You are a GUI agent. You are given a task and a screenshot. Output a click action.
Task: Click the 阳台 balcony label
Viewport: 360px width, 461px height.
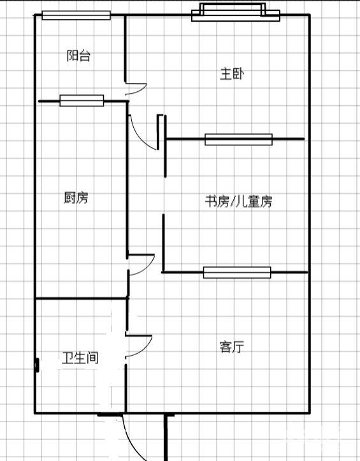78,55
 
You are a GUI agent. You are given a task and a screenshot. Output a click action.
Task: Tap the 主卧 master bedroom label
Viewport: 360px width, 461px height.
232,74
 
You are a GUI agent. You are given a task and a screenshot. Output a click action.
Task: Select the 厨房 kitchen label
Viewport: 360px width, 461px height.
76,197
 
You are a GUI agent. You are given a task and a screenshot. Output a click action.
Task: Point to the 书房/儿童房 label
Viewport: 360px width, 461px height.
238,201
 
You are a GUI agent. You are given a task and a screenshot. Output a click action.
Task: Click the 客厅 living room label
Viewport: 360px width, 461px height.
232,347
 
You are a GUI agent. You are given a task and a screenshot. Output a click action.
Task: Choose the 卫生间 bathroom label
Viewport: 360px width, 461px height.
80,358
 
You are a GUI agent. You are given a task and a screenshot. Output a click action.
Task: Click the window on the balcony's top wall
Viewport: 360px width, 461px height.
76,15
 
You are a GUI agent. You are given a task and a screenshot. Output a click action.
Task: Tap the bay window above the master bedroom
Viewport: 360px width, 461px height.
236,12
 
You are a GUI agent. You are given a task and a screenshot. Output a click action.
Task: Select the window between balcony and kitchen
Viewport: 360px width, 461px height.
82,101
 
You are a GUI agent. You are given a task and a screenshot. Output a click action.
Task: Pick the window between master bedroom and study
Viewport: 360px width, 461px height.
238,140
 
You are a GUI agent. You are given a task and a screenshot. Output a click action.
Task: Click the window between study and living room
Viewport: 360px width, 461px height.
237,272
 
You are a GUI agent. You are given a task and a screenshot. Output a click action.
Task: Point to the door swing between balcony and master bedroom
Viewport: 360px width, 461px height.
141,91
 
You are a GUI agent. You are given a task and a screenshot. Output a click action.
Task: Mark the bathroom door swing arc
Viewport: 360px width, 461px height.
145,349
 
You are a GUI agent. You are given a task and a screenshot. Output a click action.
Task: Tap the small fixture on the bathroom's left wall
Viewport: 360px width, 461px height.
37,365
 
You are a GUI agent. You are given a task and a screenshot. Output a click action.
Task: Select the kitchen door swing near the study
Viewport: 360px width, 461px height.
148,268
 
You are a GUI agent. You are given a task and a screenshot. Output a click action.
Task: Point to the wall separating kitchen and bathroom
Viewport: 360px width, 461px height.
82,298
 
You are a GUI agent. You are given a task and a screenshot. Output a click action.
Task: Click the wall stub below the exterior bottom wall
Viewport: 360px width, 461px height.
166,437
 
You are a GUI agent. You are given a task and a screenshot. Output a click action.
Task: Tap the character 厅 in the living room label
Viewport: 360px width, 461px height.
238,347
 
